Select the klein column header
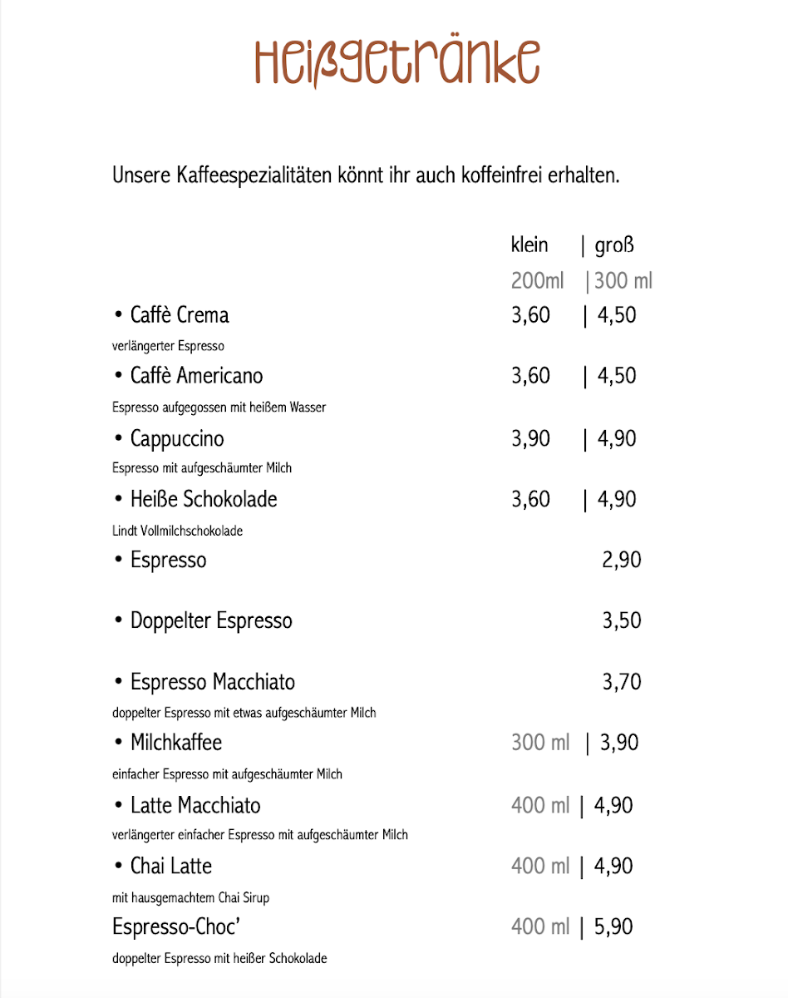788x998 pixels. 529,245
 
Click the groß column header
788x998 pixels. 614,246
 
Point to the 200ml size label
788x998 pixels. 537,281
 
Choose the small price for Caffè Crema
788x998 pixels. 530,315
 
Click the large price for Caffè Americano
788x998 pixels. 617,376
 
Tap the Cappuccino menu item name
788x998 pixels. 177,438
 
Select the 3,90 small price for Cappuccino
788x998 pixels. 530,438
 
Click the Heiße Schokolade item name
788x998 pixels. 204,499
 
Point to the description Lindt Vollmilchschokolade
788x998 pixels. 177,531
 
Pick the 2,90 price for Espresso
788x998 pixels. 622,560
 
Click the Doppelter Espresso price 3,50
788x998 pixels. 622,620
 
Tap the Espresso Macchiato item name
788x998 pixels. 212,682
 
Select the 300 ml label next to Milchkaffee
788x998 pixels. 540,743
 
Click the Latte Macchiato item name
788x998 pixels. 195,805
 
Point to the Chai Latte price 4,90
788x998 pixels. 613,866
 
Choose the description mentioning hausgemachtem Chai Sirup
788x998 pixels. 190,897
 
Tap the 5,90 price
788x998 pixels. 613,926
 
